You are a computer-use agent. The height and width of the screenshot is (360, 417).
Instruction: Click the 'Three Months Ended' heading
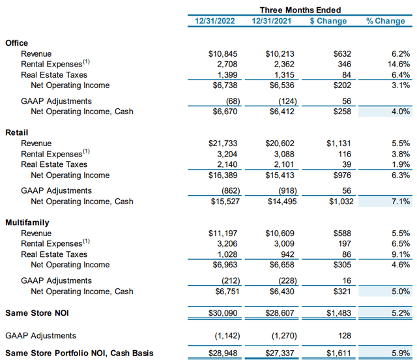coord(300,10)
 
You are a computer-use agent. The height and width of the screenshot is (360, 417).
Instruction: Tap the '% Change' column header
coord(385,21)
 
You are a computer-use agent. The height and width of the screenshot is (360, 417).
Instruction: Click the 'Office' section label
coord(16,43)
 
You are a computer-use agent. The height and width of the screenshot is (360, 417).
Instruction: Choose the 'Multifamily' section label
coord(27,222)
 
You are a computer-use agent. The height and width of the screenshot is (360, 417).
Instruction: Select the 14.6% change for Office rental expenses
coord(397,64)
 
